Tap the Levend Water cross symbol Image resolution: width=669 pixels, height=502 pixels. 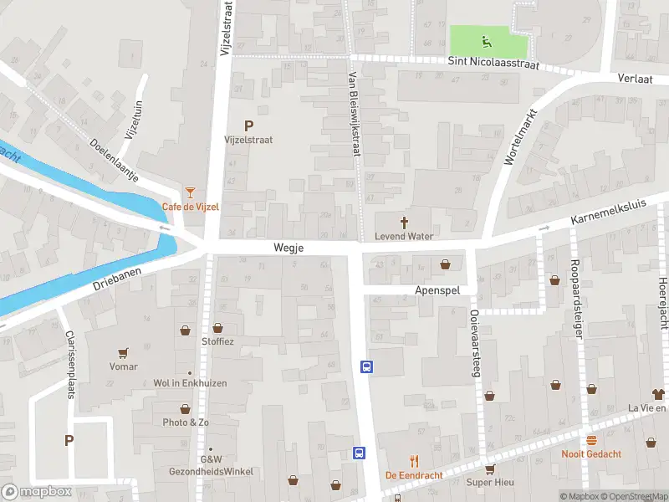coord(405,223)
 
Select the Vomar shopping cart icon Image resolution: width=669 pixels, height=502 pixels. coord(124,353)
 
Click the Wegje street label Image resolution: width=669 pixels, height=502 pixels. coord(288,248)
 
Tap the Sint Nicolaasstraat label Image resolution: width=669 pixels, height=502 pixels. coord(493,64)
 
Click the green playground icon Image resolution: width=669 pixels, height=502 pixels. coord(484,39)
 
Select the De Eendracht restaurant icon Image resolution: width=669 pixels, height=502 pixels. coord(413,461)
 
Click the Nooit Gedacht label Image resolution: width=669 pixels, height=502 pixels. coord(591,454)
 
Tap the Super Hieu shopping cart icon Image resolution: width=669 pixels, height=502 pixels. coord(490,469)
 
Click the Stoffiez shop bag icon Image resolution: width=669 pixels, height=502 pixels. coord(218,329)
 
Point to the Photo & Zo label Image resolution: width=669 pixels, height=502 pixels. coord(186,423)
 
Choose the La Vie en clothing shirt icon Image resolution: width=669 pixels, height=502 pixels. coord(658,393)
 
